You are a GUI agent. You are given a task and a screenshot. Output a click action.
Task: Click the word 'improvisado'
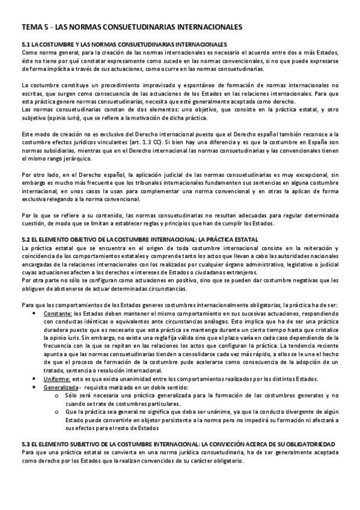[148, 85]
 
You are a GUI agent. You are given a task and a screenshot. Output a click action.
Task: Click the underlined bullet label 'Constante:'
[55, 314]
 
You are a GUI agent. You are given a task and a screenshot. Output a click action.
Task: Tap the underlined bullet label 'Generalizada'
[59, 388]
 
